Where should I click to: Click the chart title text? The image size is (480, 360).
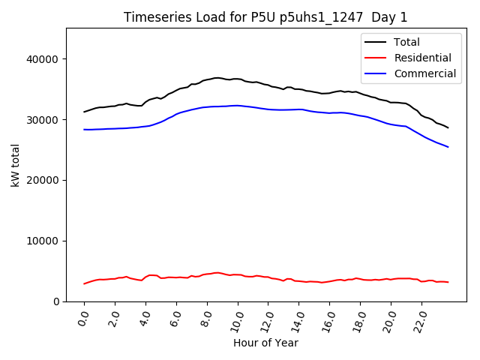pos(265,17)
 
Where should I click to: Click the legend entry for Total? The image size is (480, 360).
pos(406,42)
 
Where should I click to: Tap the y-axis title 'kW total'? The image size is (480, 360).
pos(15,165)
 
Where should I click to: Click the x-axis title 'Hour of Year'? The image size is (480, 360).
pos(265,343)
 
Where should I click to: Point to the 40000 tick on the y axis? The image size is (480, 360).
pos(46,59)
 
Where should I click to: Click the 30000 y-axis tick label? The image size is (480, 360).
pos(46,120)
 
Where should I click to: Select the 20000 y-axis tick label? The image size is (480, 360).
pos(46,181)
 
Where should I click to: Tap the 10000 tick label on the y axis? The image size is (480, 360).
pos(46,241)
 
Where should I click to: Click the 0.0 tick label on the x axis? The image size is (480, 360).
pos(83,319)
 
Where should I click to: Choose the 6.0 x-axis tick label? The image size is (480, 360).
pos(175,319)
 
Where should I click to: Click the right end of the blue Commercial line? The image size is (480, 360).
pos(448,147)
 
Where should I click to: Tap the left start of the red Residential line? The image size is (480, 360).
pos(84,283)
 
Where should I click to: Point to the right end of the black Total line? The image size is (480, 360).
pos(448,127)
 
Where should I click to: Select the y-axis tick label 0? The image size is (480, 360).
pos(57,301)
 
